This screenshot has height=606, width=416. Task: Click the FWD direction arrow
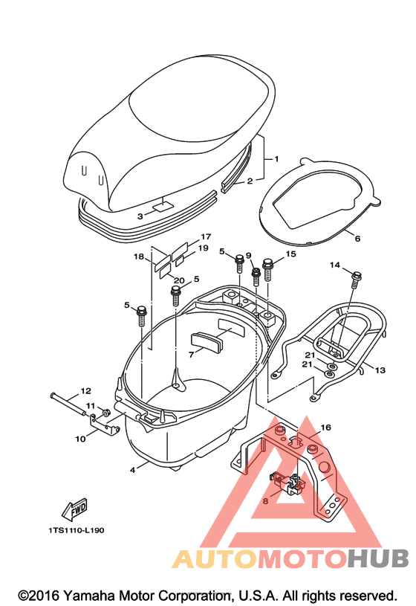point(74,509)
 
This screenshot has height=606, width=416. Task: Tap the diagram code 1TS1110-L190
point(77,530)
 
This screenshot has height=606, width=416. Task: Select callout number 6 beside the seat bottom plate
point(357,239)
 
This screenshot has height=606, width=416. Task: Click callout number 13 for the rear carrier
point(380,370)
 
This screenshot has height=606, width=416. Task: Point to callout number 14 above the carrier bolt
point(335,265)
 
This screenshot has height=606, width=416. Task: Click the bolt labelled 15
point(267,269)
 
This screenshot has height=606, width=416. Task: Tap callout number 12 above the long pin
point(85,390)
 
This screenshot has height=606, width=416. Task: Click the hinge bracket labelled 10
point(103,425)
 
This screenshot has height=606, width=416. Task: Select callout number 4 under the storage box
point(132,470)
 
